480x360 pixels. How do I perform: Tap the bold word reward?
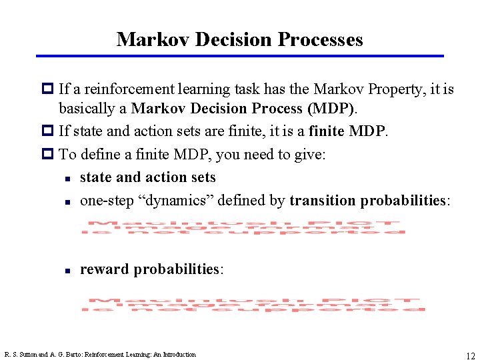point(105,269)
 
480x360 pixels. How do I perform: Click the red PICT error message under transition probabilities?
point(243,227)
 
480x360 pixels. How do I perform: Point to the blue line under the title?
point(239,56)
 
